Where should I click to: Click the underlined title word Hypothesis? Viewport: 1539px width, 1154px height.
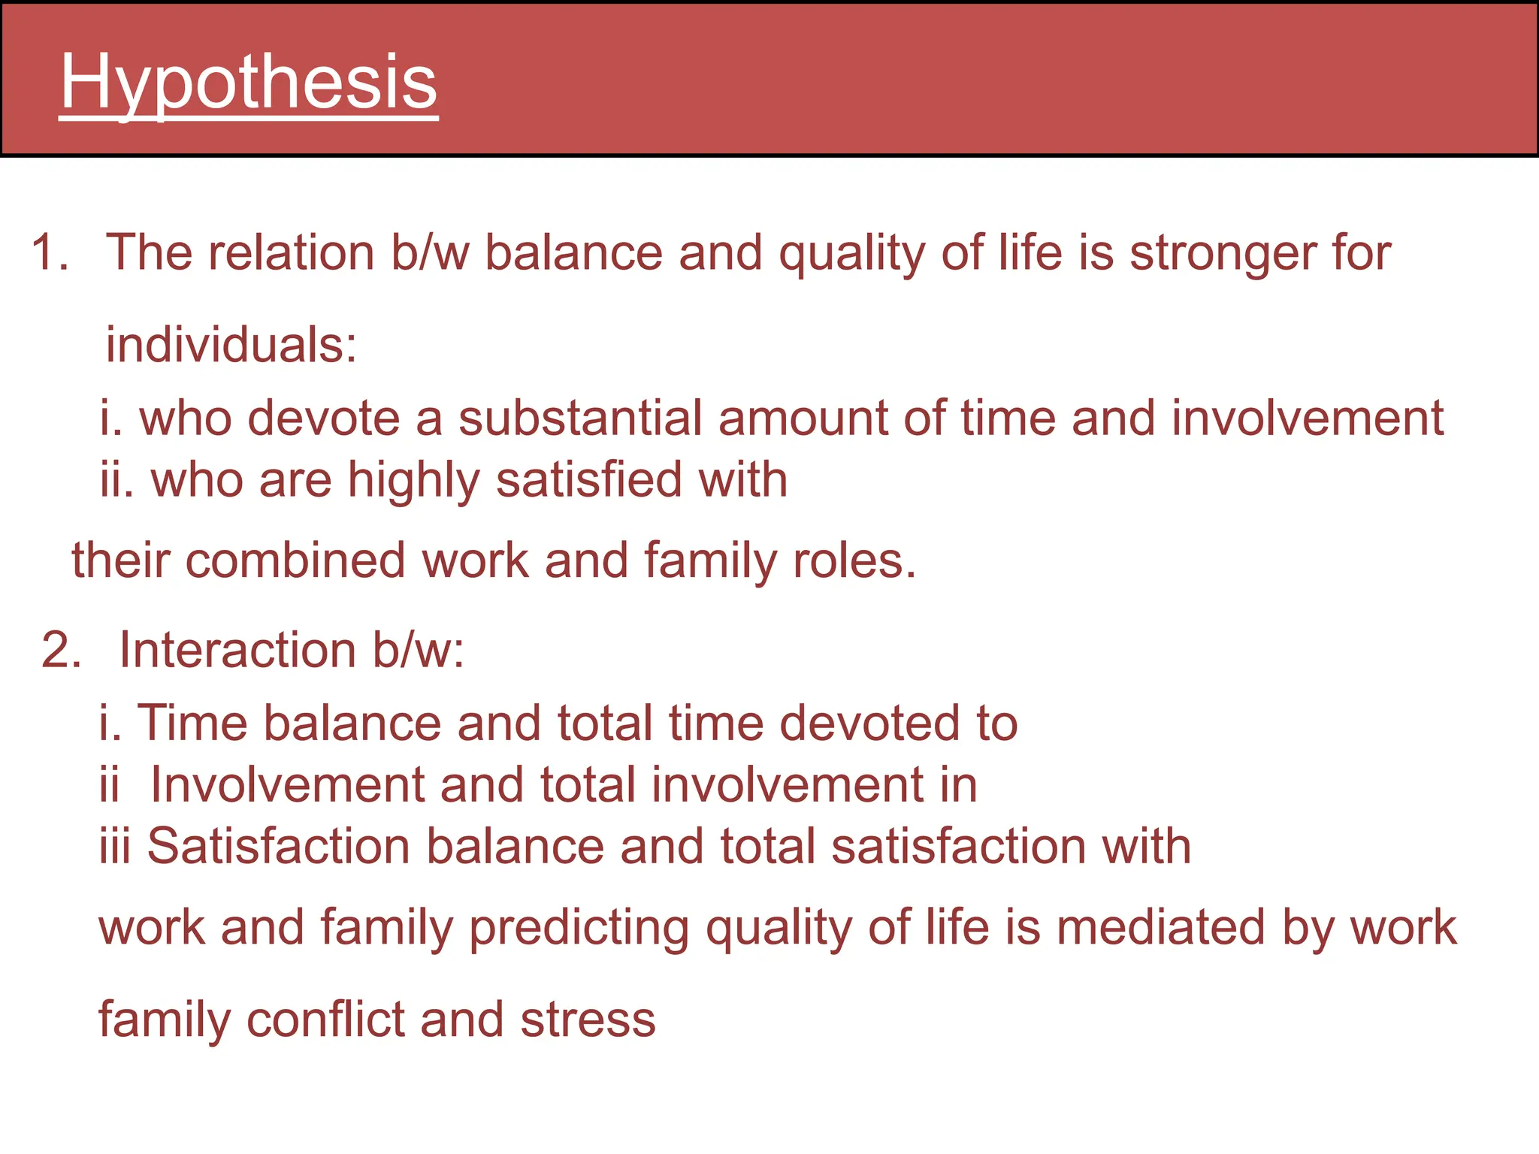(248, 83)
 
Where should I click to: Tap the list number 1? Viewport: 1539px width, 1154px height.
(49, 252)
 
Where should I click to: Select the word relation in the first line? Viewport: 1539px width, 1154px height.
(291, 252)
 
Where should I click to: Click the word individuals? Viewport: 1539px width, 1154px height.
(231, 346)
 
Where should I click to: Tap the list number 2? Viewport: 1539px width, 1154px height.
(61, 650)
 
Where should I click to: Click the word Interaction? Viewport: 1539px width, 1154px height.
(237, 650)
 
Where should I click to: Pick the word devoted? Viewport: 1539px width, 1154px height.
(869, 724)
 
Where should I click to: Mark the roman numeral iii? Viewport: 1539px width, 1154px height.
(115, 846)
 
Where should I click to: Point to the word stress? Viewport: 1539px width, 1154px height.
(588, 1020)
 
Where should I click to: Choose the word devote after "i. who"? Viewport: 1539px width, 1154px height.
(323, 418)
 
